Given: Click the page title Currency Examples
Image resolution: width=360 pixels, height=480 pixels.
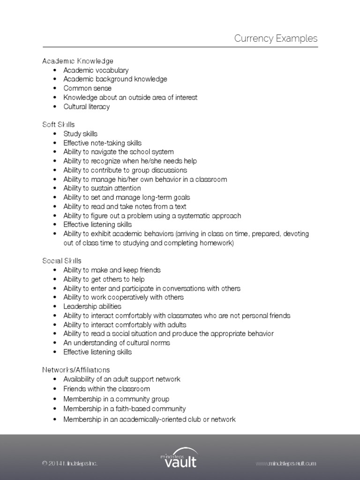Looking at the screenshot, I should point(276,38).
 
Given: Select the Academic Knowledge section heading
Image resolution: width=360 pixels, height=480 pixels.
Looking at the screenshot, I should point(78,61).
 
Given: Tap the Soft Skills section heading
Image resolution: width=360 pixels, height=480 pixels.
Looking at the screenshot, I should point(59,125).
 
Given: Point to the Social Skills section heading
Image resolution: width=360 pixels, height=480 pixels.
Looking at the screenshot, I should point(62,261).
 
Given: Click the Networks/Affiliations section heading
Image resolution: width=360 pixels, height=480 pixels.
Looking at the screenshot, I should point(76,370).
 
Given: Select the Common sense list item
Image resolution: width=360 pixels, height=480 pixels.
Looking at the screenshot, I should point(88,88).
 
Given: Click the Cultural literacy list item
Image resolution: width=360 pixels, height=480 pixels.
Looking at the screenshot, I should point(87,106).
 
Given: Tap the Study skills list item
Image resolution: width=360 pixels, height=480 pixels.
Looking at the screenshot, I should point(81,134).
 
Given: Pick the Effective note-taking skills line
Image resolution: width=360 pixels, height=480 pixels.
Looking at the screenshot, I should point(102,143).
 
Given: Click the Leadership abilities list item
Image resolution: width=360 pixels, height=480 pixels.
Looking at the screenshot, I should point(92,306).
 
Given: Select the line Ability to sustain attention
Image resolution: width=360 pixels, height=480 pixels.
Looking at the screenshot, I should point(102,188).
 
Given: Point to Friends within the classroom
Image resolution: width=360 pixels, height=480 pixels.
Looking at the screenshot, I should point(107,389).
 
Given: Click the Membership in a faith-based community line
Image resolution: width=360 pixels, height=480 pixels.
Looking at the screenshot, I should point(125,409).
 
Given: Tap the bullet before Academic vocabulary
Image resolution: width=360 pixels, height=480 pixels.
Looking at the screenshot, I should point(55,70).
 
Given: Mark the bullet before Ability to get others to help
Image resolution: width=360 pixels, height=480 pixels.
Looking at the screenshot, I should point(55,279).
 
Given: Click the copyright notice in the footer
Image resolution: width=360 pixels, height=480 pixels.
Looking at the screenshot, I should point(70,464).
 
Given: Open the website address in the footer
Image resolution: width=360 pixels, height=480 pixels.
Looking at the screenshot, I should point(286,464).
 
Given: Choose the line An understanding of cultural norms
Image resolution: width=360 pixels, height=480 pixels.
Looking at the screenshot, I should point(117,343).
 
